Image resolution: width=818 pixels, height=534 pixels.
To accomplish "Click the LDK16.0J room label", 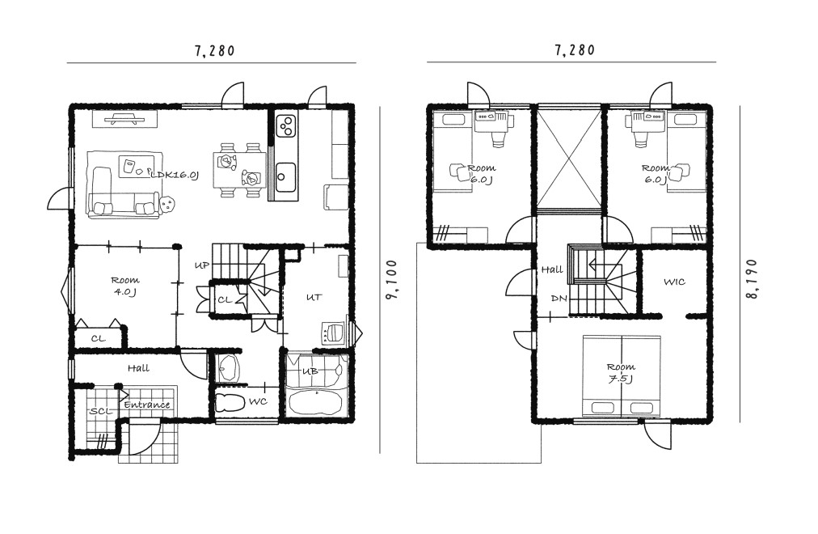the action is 175,174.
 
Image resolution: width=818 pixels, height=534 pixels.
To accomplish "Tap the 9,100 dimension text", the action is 391,280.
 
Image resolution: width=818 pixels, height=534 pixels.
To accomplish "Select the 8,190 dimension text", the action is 752,279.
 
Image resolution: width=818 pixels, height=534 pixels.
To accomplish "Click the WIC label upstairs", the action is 674,282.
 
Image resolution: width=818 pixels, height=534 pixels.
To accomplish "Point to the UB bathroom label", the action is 310,371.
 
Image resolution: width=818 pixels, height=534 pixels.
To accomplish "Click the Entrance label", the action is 147,405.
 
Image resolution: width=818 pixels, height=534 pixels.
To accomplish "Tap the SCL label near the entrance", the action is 101,411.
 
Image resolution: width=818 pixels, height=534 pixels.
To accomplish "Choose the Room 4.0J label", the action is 125,286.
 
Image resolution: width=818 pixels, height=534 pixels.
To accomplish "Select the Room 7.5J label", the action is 621,373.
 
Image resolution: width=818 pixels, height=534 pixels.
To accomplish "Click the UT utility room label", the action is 314,297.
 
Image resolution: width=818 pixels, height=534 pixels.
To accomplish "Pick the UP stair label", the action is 202,265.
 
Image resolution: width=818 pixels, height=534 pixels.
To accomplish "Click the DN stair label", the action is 559,299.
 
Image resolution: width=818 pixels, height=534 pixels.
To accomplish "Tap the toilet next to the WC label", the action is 230,402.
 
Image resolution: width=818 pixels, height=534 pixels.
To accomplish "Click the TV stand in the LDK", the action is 124,119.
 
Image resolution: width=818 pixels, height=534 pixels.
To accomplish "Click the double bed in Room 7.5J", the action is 622,376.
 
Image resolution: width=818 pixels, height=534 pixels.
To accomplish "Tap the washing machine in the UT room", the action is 332,333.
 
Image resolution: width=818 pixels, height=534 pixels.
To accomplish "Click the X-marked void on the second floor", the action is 570,159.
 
